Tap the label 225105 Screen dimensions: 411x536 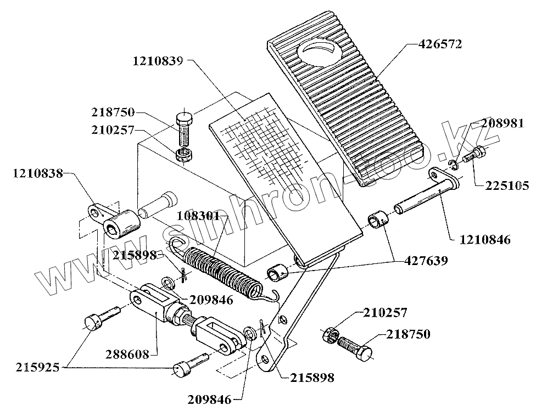click(x=507, y=187)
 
